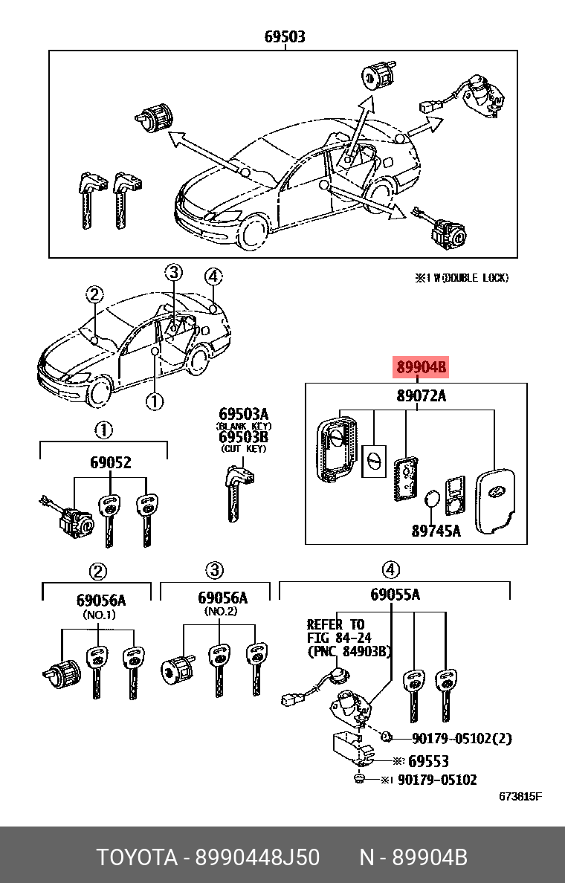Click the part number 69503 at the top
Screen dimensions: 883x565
(285, 36)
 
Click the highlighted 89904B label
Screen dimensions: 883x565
(421, 367)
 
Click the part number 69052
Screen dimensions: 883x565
(111, 462)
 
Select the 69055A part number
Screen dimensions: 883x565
(395, 595)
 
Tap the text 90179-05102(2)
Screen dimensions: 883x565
(462, 739)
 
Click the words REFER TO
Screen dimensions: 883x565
(336, 624)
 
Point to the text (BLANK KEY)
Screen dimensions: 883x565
(244, 426)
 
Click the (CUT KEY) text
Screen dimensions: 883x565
(243, 449)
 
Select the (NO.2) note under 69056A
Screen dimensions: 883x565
(221, 611)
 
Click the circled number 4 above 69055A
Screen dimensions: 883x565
(391, 570)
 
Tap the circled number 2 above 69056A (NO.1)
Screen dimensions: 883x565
(98, 571)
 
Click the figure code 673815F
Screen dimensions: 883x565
(520, 797)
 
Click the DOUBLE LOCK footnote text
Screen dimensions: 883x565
(462, 278)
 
